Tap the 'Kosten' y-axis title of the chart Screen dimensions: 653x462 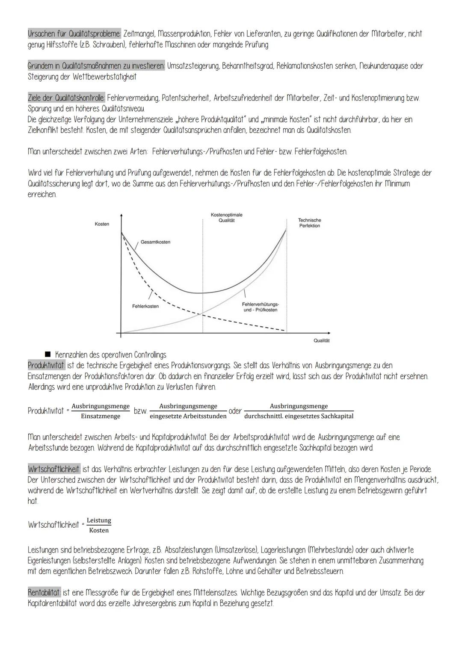click(x=102, y=224)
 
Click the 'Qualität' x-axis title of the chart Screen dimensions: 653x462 click(x=322, y=340)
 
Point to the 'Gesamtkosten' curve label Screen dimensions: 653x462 click(x=155, y=242)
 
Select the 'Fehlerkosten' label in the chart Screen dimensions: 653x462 click(x=145, y=306)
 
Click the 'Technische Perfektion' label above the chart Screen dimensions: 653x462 click(x=309, y=223)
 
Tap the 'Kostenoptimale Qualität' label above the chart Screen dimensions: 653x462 click(x=227, y=217)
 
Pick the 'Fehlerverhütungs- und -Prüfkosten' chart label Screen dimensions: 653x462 click(x=260, y=307)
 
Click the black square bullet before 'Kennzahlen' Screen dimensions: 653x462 click(x=47, y=355)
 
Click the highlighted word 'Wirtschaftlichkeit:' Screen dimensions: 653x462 click(x=54, y=469)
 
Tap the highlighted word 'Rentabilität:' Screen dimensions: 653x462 click(x=44, y=593)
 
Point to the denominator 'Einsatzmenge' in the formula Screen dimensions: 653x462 click(x=101, y=416)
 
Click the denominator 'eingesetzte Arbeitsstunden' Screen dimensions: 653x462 click(x=188, y=416)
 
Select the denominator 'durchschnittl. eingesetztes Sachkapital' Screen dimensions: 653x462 click(x=299, y=416)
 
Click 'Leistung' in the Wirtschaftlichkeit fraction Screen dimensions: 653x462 click(x=99, y=520)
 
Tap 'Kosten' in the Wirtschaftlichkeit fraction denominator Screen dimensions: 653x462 click(x=99, y=530)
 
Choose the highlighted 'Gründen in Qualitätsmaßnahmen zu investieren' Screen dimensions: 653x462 click(x=96, y=66)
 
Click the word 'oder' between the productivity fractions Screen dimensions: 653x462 click(x=235, y=411)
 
